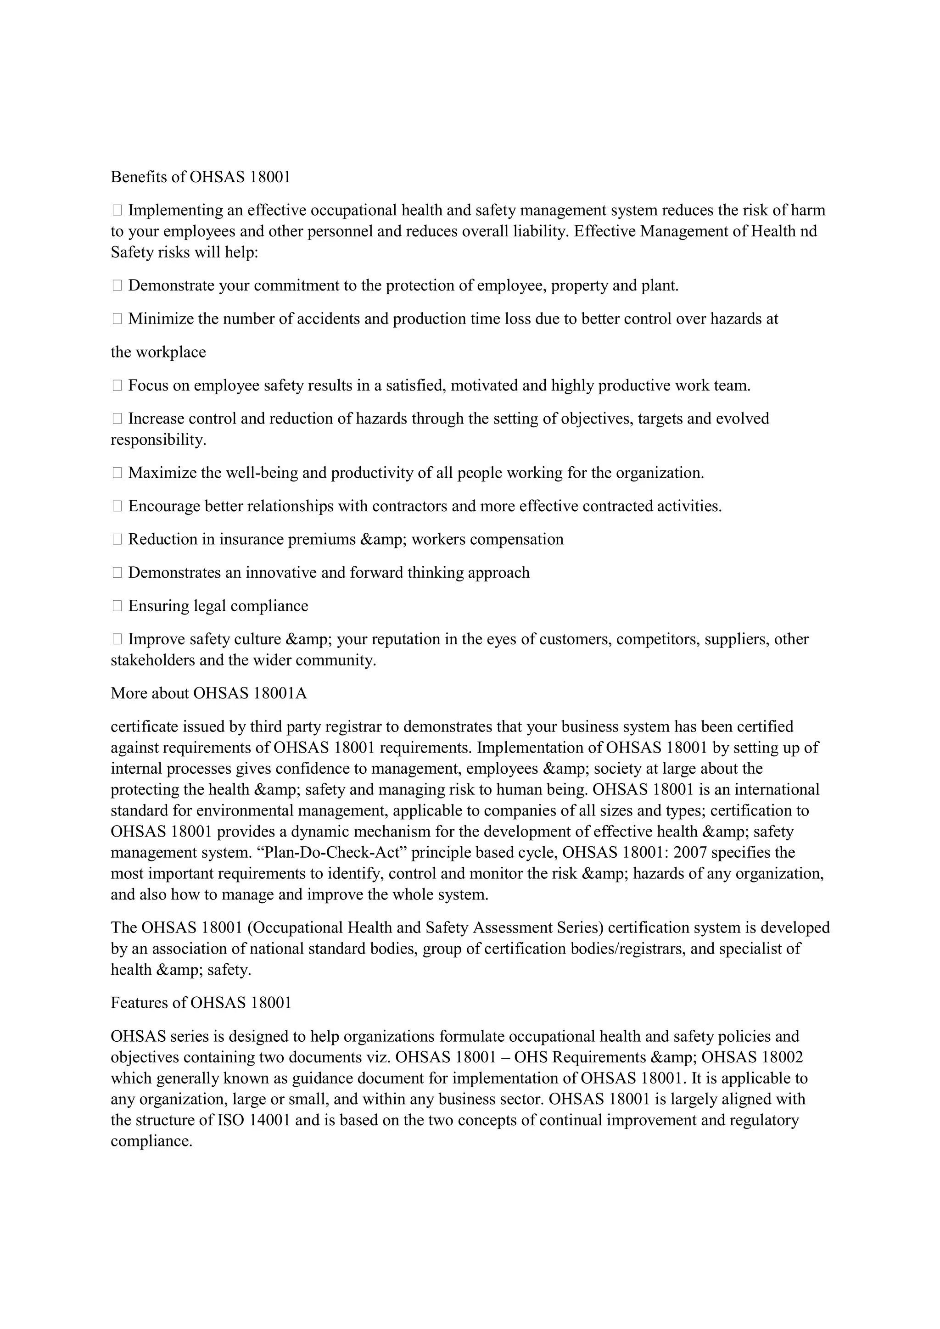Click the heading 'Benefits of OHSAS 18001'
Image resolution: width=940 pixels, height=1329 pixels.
click(200, 177)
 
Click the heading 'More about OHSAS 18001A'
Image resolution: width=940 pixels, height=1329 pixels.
click(208, 693)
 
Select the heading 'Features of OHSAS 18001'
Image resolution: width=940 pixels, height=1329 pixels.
click(201, 1003)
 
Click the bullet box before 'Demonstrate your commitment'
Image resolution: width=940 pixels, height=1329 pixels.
click(117, 285)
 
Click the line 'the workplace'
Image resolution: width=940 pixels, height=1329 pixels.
click(158, 352)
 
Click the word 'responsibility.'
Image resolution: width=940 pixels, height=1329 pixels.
click(158, 440)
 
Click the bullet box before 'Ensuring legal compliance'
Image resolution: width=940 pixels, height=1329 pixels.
click(117, 606)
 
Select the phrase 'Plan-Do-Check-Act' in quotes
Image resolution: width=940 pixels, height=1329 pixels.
click(330, 853)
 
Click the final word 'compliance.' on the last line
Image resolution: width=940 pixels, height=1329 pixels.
click(151, 1141)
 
